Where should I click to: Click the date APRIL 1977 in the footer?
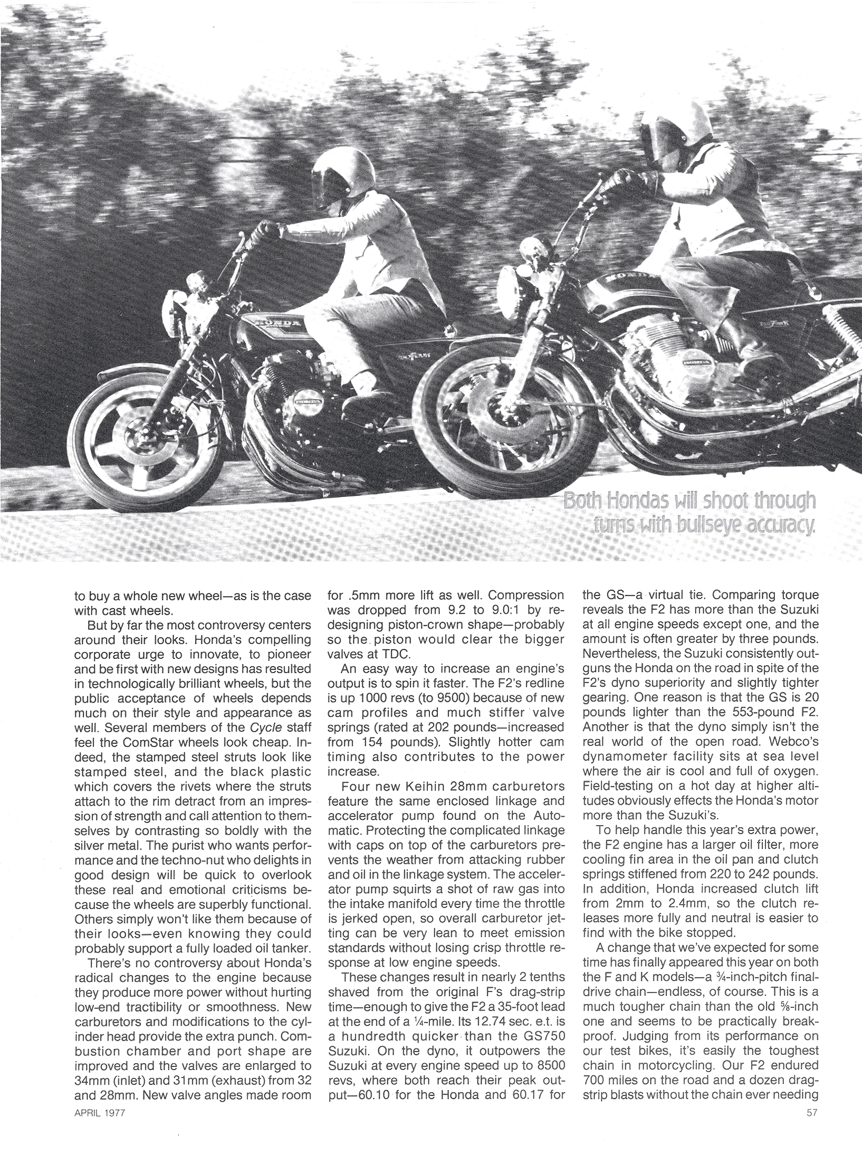click(100, 1124)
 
